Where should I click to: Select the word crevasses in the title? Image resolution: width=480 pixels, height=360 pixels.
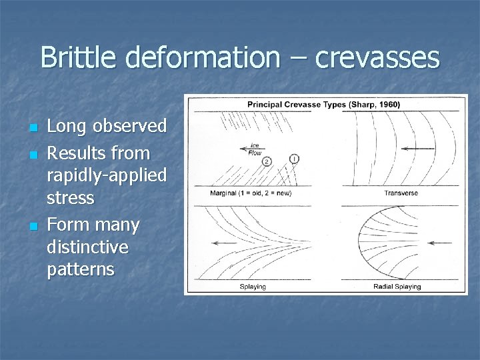377,58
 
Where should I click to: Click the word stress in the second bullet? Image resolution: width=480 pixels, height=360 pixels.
71,199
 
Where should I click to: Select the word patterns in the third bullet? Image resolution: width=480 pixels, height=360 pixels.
81,269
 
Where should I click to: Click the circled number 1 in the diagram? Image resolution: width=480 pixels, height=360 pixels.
294,159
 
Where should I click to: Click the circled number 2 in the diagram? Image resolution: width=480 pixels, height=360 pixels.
267,161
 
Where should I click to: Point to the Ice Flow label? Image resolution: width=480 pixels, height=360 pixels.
255,149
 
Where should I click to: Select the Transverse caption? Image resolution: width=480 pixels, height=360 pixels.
401,193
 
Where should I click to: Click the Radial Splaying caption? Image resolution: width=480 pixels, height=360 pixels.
397,287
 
